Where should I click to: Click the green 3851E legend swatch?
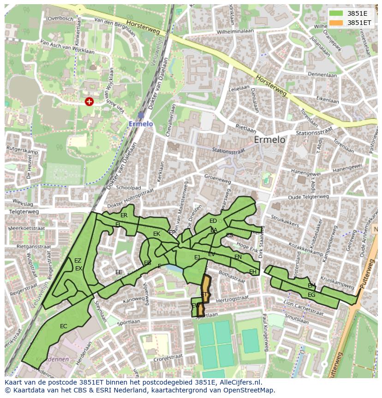(x=335, y=13)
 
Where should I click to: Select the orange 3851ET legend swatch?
(x=335, y=22)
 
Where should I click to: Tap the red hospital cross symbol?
(x=89, y=101)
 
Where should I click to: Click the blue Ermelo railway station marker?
(x=141, y=115)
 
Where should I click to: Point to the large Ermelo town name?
(x=269, y=140)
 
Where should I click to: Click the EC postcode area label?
(x=64, y=326)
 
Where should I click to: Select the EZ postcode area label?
(x=78, y=261)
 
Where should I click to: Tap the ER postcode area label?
(x=124, y=215)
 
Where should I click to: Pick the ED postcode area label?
(x=213, y=221)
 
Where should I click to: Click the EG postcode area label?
(x=311, y=295)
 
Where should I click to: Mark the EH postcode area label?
(x=252, y=272)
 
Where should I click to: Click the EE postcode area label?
(x=119, y=272)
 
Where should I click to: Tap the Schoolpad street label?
(x=128, y=188)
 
